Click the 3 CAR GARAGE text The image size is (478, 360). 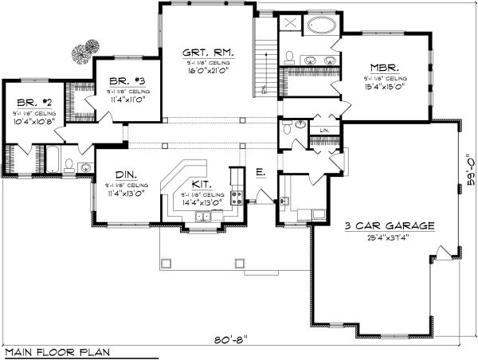point(389,226)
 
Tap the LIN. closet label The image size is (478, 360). point(324,129)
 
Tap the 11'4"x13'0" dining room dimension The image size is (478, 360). point(124,194)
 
